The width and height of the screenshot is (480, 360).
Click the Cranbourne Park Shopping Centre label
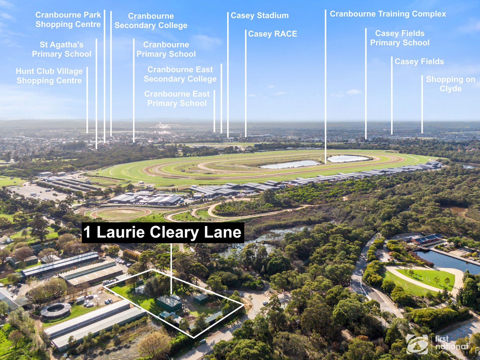(68, 19)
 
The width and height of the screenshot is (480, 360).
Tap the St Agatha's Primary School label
(61, 49)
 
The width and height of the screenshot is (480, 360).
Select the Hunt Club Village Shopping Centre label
(49, 76)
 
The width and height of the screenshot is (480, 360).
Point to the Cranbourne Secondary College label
(151, 20)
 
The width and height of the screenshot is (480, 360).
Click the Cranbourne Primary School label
(166, 49)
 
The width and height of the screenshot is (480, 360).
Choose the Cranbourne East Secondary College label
(180, 74)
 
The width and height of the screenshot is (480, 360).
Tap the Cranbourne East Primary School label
(177, 98)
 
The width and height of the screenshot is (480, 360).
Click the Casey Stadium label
(259, 15)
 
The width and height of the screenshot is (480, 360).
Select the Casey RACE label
(272, 34)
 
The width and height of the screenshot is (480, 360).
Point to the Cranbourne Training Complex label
(388, 14)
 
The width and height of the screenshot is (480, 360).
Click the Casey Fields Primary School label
(400, 38)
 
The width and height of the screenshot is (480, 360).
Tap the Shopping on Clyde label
(450, 84)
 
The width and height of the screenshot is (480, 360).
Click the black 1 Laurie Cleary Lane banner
(163, 232)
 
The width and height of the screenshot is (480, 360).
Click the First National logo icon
(417, 344)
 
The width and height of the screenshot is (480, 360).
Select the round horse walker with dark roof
(55, 310)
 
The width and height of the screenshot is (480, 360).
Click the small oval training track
(120, 213)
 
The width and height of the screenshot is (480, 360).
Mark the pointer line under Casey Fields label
(391, 96)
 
